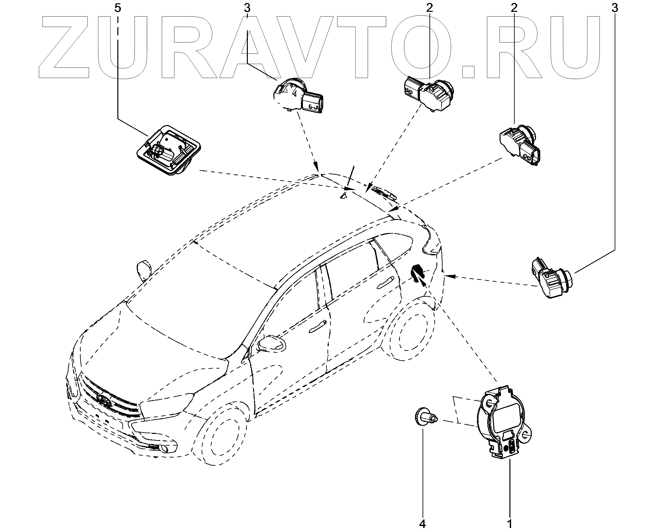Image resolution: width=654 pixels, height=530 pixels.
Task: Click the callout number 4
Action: (423, 524)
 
